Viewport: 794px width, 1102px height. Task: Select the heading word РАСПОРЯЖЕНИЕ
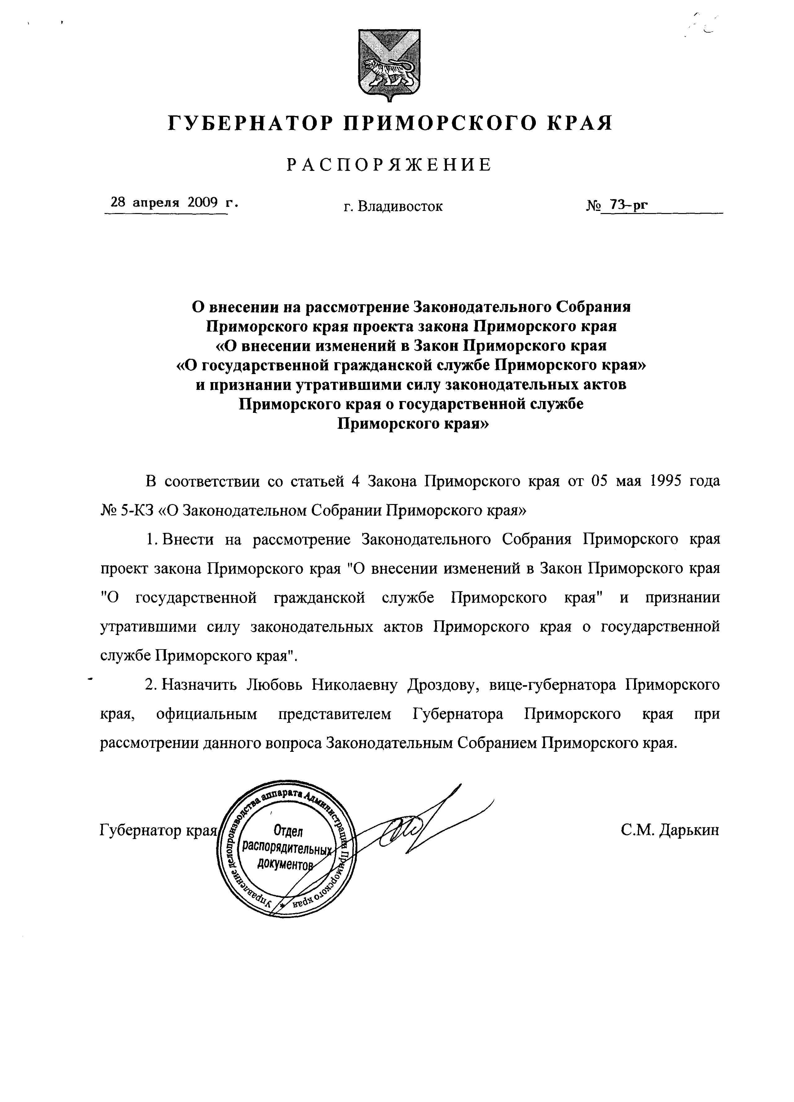pos(389,165)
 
